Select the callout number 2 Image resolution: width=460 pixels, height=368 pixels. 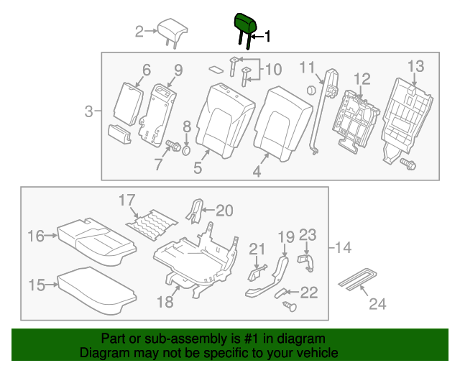pos(139,30)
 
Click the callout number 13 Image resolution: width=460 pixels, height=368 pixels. pos(416,67)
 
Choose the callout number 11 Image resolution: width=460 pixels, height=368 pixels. pos(308,68)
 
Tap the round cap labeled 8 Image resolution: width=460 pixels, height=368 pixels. pos(185,149)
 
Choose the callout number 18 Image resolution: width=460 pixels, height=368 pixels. pos(165,302)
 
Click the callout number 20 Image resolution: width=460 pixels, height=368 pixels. pos(225,210)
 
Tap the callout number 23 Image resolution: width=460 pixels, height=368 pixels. pos(308,234)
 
